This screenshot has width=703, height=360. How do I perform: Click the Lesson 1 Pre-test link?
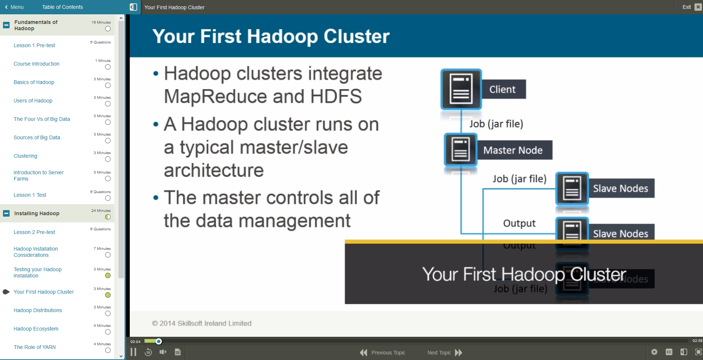point(34,45)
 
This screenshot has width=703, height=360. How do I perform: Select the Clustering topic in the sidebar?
point(25,156)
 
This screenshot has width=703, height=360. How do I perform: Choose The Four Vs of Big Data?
point(42,119)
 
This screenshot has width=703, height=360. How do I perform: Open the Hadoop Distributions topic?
point(38,310)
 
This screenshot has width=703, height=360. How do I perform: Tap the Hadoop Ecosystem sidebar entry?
point(36,329)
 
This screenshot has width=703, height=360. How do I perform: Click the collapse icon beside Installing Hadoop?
point(6,213)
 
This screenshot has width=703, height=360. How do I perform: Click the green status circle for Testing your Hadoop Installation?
point(108,276)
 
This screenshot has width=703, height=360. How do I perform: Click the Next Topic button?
point(445,353)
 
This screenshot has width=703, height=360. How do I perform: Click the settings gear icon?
point(654,352)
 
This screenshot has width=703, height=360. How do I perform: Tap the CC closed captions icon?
point(669,352)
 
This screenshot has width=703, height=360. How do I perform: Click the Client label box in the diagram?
point(503,90)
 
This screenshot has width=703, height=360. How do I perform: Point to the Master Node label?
point(513,150)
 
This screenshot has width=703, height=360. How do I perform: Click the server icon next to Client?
point(461,90)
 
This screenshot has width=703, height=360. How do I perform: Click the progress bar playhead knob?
point(159,341)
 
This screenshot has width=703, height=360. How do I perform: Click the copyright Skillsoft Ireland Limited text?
point(202,323)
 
